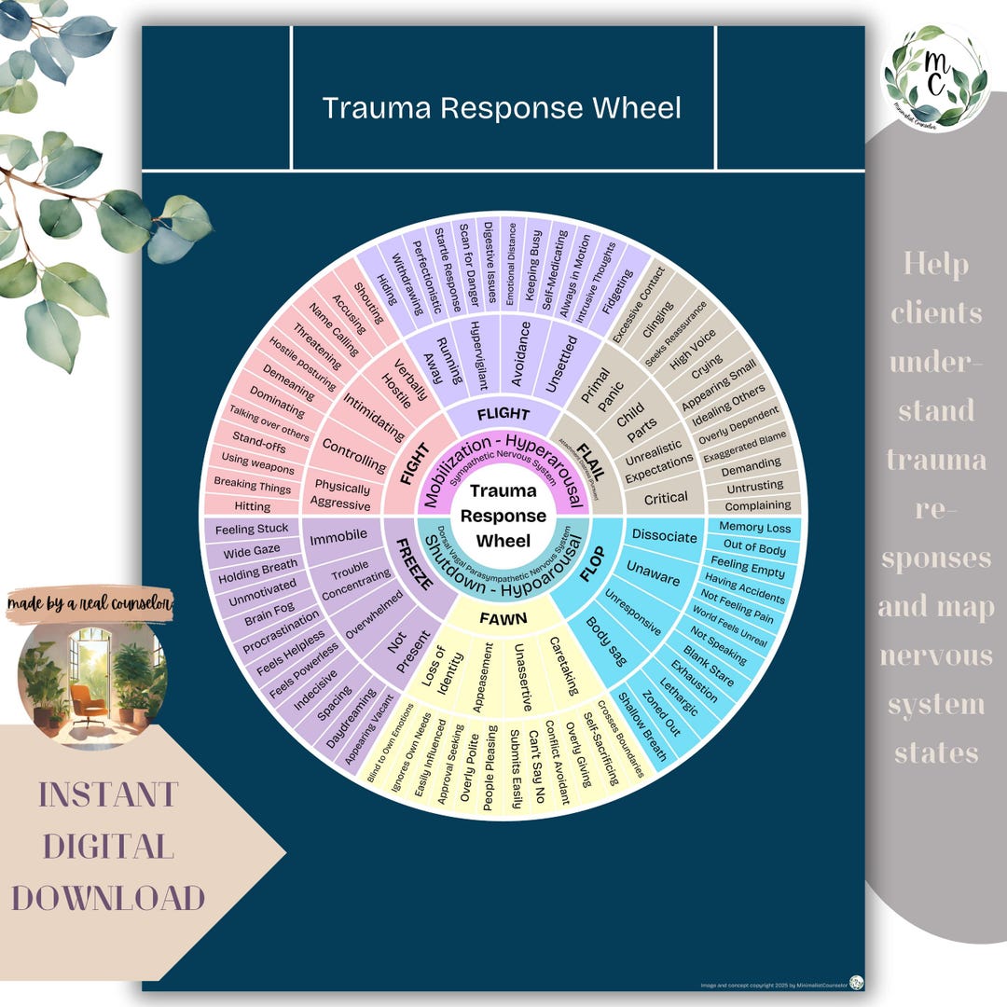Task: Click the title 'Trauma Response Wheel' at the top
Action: coord(502,108)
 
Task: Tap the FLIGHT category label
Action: coord(503,414)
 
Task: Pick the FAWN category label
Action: coord(503,617)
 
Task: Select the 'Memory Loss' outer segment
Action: coord(754,528)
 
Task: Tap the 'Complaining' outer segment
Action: coord(757,504)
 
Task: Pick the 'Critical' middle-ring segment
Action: coord(666,498)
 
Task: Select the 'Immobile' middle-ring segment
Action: coord(338,537)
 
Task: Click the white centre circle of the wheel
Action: coord(504,516)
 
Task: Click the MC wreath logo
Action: coord(935,77)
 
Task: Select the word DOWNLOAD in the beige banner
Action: coord(107,897)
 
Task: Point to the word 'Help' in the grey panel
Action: coord(934,265)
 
